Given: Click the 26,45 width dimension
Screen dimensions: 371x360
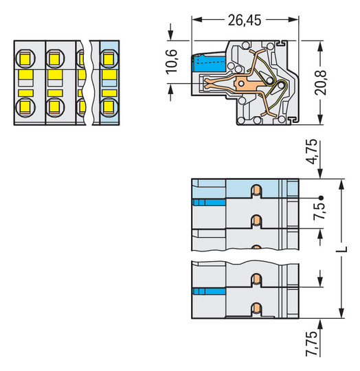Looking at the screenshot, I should click(x=244, y=21).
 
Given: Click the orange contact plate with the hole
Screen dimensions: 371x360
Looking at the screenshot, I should click(x=244, y=85).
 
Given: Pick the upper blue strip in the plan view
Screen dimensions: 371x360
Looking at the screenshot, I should click(x=210, y=202).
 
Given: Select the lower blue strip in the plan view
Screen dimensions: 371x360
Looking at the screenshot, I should click(x=210, y=292).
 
